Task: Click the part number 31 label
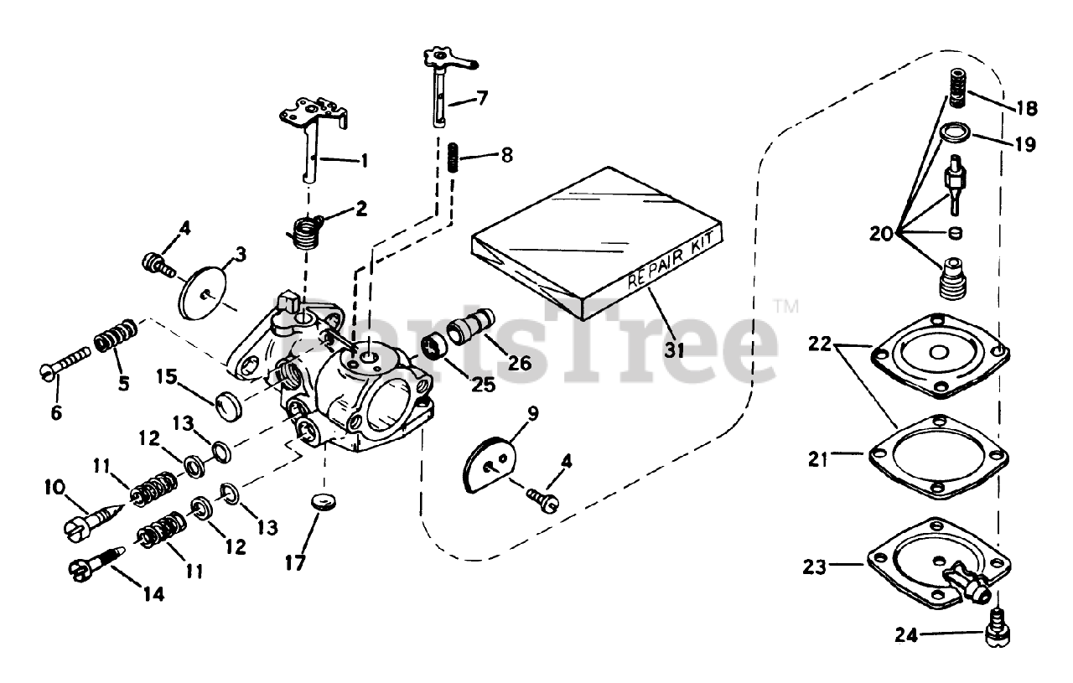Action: click(675, 350)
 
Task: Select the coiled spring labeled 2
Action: click(308, 230)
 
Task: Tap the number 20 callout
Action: click(881, 234)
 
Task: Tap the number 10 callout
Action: click(53, 487)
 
